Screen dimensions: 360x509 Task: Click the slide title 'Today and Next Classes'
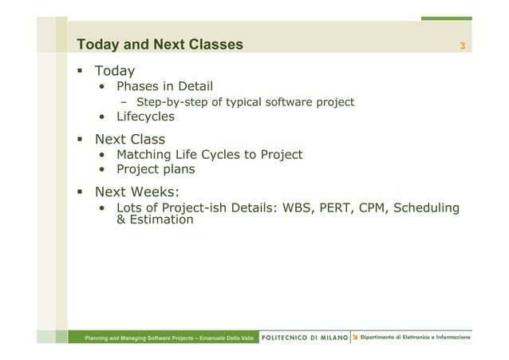click(160, 45)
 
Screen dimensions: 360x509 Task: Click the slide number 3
click(461, 45)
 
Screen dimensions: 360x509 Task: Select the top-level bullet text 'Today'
click(115, 72)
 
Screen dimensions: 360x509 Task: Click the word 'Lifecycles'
click(145, 117)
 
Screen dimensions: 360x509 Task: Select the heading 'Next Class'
click(130, 140)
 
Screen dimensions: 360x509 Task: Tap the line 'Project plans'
click(156, 169)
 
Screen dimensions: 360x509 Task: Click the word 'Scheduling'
click(431, 208)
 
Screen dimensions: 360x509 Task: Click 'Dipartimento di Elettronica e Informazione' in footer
click(415, 338)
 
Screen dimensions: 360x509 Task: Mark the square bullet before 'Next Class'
click(80, 140)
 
